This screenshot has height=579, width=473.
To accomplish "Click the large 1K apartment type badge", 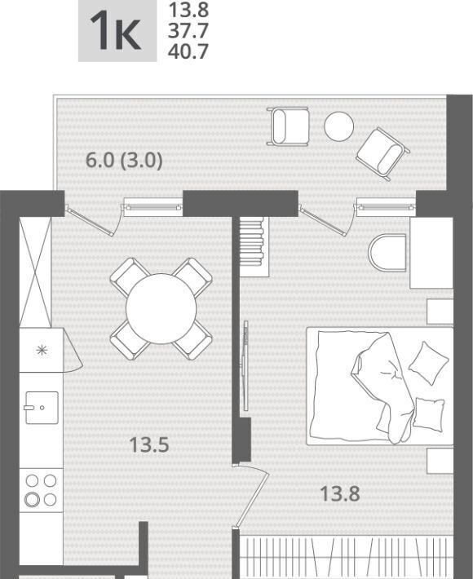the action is [x=117, y=31].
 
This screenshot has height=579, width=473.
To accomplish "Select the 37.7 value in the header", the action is [x=188, y=31].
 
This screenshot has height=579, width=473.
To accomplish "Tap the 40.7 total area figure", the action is [x=188, y=51].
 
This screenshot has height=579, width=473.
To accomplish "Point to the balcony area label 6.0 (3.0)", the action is [x=124, y=161].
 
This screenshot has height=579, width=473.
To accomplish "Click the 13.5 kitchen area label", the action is [x=149, y=444].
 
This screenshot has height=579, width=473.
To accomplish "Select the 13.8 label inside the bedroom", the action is [x=340, y=493].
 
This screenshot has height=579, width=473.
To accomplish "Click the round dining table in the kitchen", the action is [x=161, y=309].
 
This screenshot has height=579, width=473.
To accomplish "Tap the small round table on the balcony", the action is [x=339, y=126].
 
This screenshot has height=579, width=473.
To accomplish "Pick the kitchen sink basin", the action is [x=42, y=408].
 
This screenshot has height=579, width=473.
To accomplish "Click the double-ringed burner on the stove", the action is [x=32, y=500].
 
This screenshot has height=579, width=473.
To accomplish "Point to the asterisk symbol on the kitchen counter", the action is [x=42, y=350].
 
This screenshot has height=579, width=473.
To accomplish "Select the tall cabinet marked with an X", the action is [x=35, y=272].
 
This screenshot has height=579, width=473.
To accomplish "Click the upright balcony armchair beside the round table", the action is [x=289, y=126].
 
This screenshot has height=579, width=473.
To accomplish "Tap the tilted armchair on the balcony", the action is [x=383, y=154].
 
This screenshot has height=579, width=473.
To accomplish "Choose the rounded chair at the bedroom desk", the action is [x=387, y=253].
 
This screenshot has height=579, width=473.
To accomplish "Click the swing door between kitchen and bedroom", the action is [x=250, y=495].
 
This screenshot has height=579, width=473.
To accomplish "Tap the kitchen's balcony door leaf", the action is [x=90, y=220].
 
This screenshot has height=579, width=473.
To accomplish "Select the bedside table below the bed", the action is [x=440, y=461].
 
